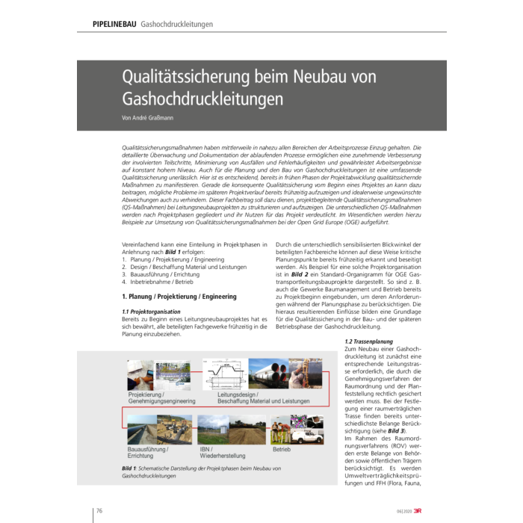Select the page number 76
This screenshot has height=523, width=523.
(x=98, y=511)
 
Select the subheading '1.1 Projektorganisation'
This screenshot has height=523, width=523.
(x=151, y=311)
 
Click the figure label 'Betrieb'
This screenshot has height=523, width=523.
(x=282, y=449)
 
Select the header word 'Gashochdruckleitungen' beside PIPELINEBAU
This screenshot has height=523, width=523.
(x=177, y=24)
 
